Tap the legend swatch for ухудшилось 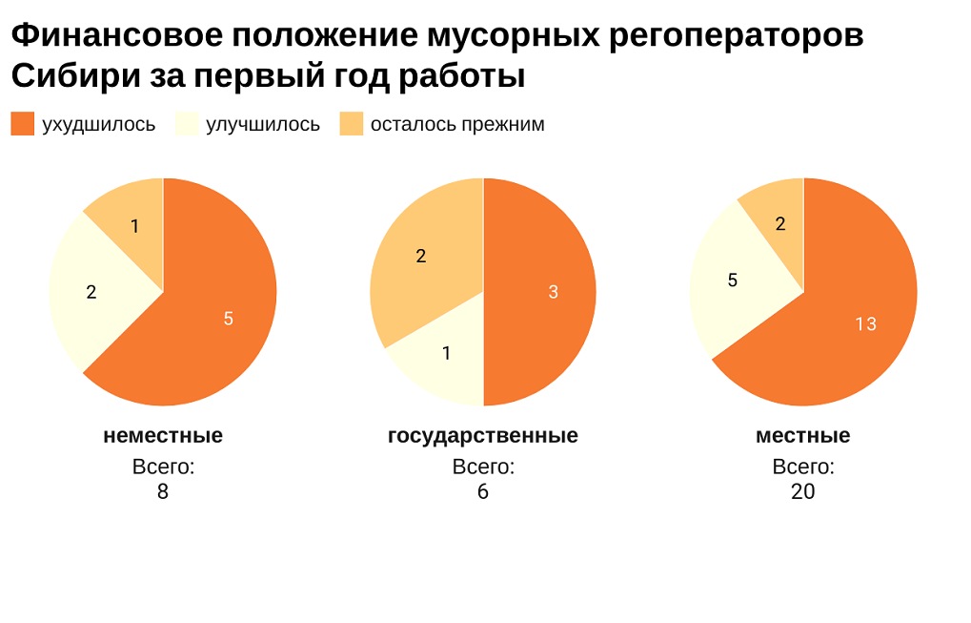[x=22, y=124]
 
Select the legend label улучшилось [x=263, y=124]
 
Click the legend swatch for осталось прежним [x=352, y=124]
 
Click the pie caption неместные [x=163, y=436]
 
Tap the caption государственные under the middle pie [x=483, y=436]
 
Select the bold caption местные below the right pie [x=803, y=436]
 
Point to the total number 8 [x=163, y=492]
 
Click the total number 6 [x=483, y=492]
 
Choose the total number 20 [x=803, y=492]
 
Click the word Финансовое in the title [x=115, y=36]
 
